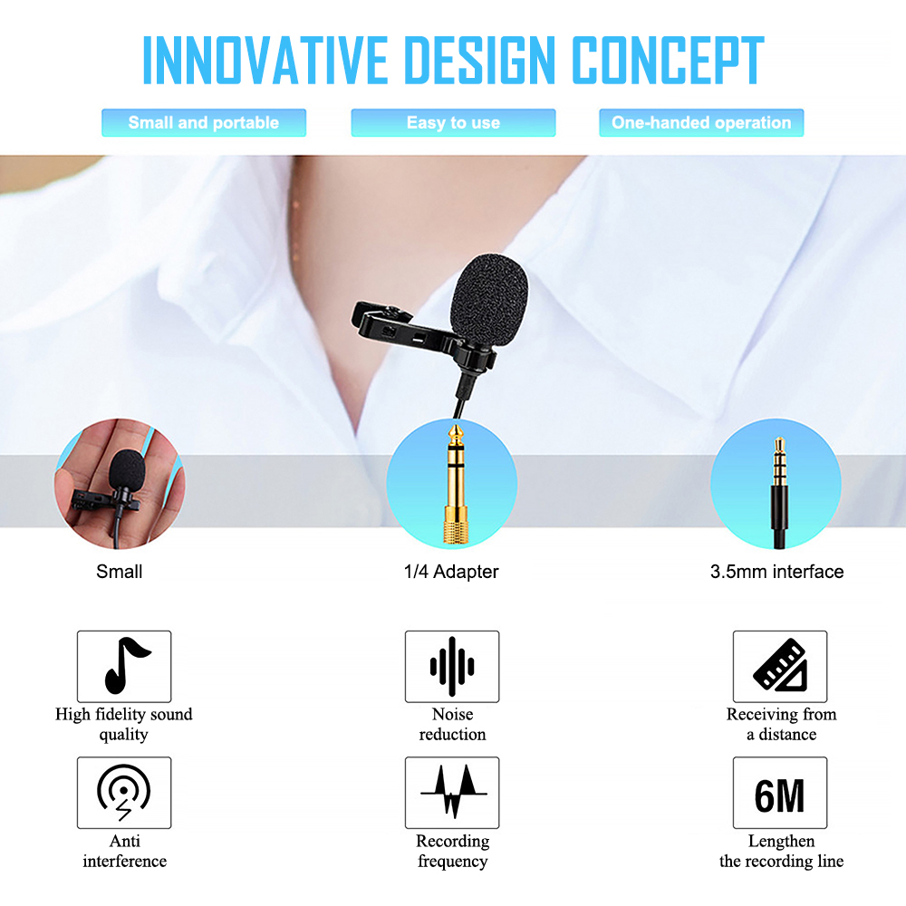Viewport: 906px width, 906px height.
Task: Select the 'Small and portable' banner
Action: (204, 122)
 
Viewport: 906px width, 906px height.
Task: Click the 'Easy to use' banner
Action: (453, 122)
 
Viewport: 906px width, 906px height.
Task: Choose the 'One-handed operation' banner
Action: (701, 122)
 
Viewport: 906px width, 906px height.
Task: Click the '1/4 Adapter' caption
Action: (451, 572)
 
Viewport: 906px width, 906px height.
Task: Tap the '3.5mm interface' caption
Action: (776, 572)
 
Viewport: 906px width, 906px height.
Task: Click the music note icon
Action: (124, 666)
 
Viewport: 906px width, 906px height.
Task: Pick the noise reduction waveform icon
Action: (451, 666)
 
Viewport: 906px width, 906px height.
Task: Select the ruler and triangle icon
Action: (780, 666)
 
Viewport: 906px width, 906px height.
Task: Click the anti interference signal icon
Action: (124, 792)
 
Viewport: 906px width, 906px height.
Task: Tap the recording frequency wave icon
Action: (452, 792)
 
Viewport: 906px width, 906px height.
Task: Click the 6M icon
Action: (780, 794)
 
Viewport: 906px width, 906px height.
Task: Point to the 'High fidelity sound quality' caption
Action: (124, 724)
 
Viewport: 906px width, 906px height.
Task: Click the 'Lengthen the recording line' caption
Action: (781, 852)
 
